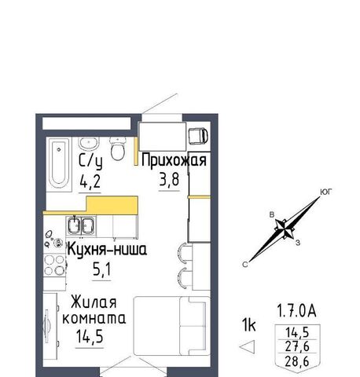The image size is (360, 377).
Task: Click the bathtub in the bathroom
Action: (x=59, y=163)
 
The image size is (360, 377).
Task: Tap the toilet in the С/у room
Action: (x=117, y=148)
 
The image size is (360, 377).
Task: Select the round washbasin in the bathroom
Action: (x=89, y=143)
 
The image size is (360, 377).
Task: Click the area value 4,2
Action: (x=90, y=181)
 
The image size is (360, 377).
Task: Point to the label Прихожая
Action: (x=174, y=160)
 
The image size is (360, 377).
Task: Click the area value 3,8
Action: (x=169, y=180)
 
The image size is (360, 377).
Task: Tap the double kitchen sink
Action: (x=81, y=225)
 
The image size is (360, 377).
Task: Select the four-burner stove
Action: (x=54, y=265)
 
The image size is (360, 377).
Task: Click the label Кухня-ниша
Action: (x=107, y=249)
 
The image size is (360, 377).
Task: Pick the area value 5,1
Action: (x=101, y=269)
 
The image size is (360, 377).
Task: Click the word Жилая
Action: (x=94, y=302)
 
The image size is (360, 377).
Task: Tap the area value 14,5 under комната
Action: (x=90, y=336)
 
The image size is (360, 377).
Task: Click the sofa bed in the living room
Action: (x=172, y=326)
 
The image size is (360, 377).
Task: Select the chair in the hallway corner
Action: (x=198, y=136)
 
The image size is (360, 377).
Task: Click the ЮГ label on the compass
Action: (x=326, y=192)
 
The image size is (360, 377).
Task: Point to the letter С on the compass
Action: (x=245, y=265)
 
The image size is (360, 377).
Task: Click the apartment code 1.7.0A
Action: (x=296, y=312)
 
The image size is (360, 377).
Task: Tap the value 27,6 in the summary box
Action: (x=297, y=346)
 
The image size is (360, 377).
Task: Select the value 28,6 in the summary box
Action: (x=297, y=361)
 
